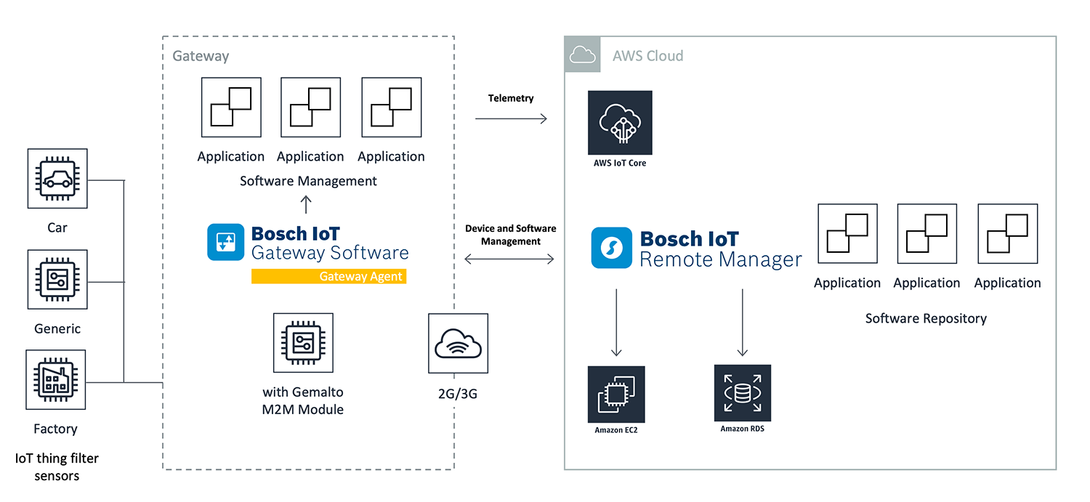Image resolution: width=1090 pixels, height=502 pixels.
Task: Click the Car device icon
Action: [57, 179]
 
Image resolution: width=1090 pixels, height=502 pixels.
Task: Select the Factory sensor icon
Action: [56, 380]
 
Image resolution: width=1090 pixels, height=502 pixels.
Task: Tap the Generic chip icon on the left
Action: [57, 280]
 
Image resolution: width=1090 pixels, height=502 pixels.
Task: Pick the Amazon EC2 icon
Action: [616, 394]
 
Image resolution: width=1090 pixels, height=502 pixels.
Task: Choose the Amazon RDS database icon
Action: [742, 393]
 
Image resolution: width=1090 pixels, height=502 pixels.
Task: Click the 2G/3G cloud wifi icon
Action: [458, 343]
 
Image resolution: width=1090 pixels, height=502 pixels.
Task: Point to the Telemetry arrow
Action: [511, 118]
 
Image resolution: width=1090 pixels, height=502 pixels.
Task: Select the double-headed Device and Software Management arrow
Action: [511, 258]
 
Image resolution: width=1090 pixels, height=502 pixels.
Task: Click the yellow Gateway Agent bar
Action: [328, 276]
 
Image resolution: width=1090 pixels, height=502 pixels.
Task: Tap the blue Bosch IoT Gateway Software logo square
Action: [226, 242]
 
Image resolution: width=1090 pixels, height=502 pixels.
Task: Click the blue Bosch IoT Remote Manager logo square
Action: [611, 248]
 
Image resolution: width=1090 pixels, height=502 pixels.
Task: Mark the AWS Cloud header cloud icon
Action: [583, 54]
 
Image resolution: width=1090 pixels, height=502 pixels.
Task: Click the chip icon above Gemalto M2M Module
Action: [303, 344]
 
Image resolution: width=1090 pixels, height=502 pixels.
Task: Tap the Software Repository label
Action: [926, 318]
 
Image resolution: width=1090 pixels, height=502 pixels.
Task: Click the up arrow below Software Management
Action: [306, 203]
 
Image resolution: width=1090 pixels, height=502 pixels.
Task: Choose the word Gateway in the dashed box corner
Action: [201, 56]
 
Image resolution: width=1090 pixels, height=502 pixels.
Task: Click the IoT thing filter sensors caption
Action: [57, 467]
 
